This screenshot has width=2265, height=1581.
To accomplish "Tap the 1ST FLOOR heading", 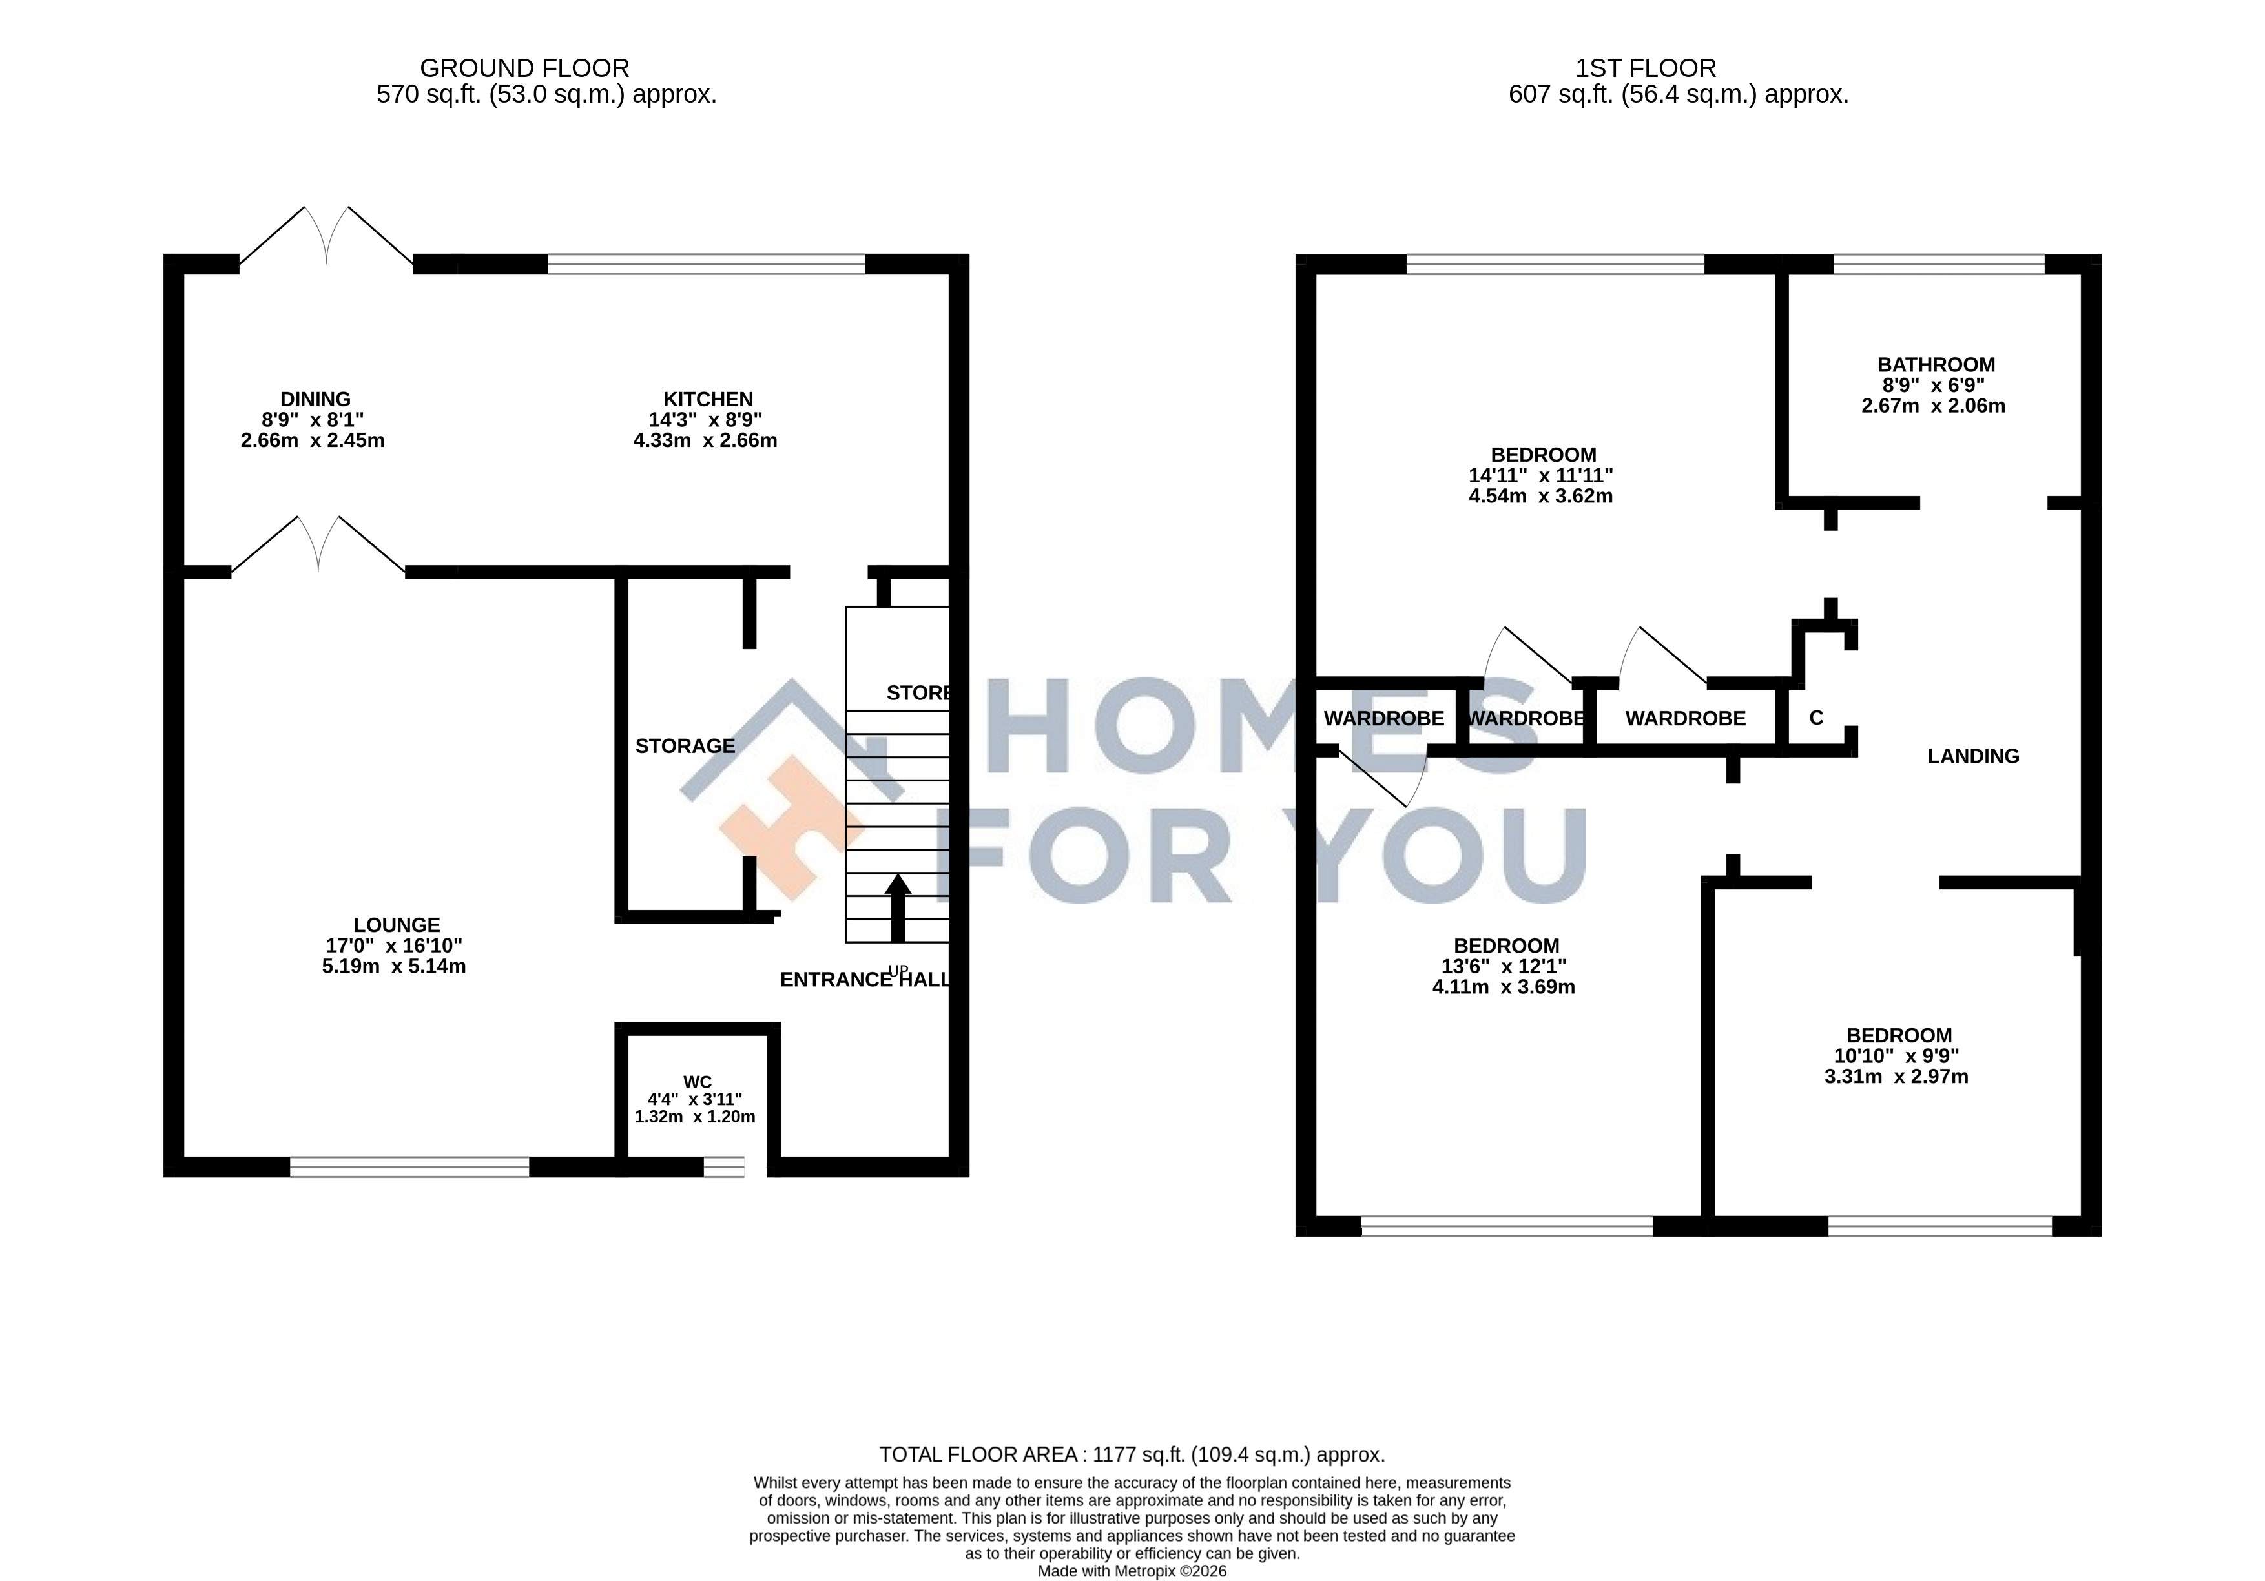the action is (x=1646, y=68).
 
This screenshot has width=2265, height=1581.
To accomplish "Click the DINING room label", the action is (x=316, y=399).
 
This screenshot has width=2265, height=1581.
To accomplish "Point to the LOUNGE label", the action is (x=397, y=925).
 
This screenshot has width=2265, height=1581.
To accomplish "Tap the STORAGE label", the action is (x=685, y=747).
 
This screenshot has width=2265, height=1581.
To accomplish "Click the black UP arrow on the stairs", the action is (x=898, y=907).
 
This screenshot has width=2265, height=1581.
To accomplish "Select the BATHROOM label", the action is (x=1936, y=365).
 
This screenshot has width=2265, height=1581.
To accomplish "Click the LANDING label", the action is (x=1973, y=756).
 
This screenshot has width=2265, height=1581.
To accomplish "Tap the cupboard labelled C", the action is (x=1816, y=719).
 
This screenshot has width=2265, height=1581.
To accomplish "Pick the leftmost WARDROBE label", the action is (x=1384, y=719).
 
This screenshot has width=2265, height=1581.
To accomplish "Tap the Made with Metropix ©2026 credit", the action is (x=1133, y=1571).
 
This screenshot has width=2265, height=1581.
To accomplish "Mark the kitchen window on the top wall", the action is (x=707, y=264).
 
